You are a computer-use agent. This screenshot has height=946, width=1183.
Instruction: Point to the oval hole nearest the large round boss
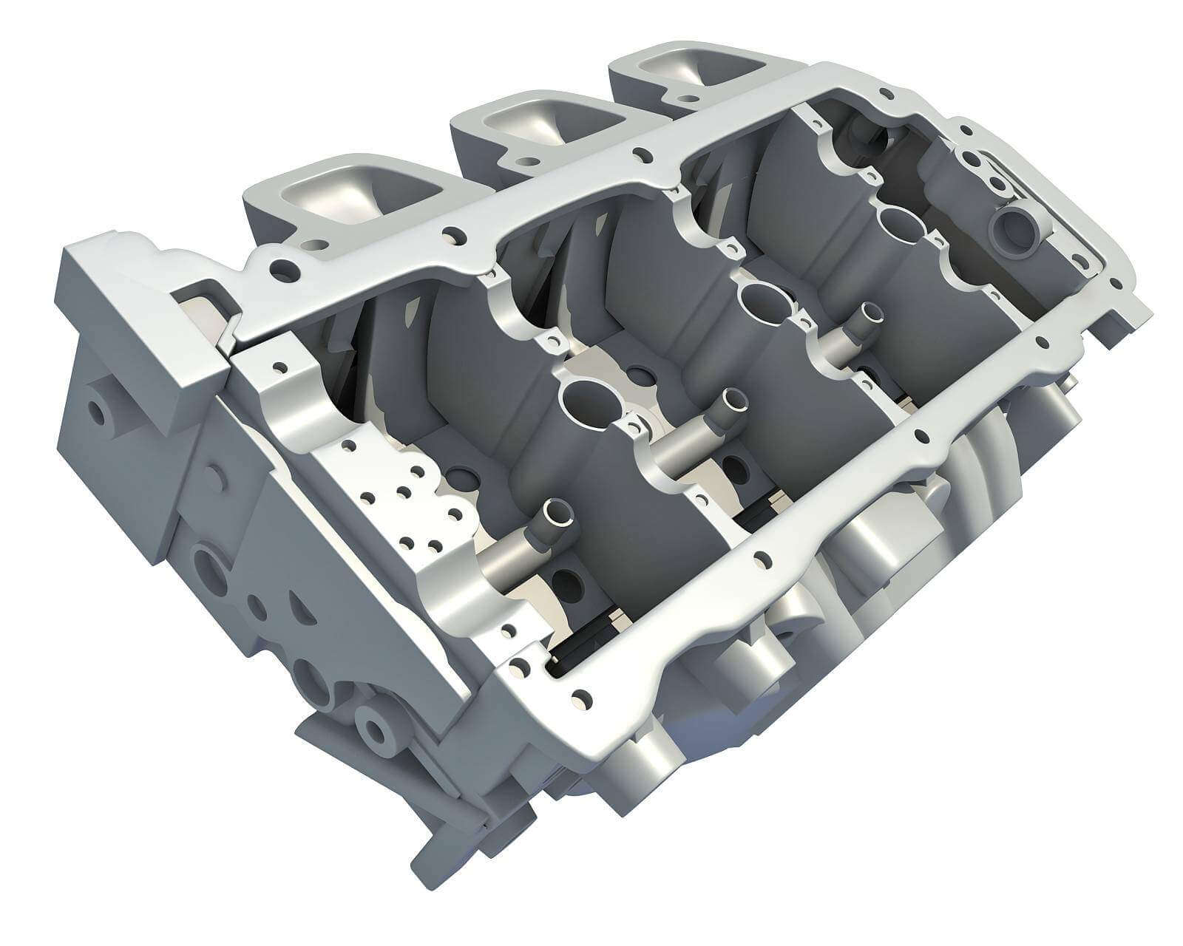900,222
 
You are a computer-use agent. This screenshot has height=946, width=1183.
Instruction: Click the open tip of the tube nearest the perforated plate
557,511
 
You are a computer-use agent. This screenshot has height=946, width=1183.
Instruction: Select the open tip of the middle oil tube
735,400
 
